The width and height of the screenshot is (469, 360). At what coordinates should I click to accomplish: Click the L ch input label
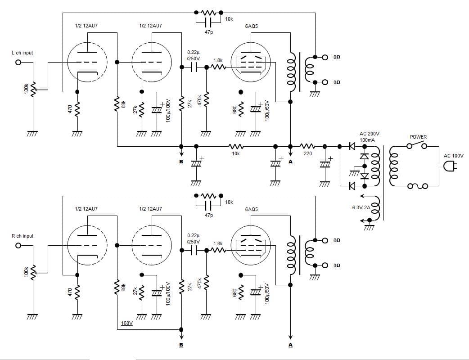pos(22,53)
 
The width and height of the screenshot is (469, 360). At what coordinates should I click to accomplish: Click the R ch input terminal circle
pos(18,246)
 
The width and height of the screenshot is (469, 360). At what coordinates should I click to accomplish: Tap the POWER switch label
pos(418,137)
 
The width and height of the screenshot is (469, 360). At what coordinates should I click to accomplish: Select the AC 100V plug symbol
pos(449,167)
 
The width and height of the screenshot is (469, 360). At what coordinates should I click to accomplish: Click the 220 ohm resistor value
pos(307,153)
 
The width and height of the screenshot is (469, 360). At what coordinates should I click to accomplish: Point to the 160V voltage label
pos(127,323)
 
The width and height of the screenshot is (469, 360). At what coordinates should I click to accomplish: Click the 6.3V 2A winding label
pos(361,207)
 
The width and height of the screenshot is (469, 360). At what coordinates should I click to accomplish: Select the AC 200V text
pos(370,134)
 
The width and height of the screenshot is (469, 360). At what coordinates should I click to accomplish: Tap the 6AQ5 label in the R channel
pos(251,209)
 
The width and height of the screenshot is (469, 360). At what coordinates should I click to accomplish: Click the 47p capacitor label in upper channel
pos(208,32)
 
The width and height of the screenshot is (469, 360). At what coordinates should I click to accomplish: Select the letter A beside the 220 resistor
pos(290,162)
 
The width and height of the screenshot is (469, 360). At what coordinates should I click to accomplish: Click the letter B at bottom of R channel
pos(181,346)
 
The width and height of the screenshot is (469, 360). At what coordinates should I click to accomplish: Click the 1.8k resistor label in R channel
pos(218,243)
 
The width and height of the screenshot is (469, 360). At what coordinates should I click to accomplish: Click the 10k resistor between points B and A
pos(236,146)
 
